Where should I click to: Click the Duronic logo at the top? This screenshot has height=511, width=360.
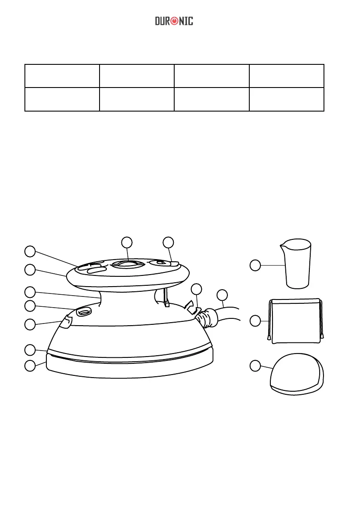coord(174,21)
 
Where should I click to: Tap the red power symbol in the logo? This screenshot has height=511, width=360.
coord(174,21)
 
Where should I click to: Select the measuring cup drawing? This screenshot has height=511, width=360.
coord(296,263)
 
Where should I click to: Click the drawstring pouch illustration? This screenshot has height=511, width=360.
coord(296,321)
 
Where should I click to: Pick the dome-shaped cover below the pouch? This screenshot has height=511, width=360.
coord(296,374)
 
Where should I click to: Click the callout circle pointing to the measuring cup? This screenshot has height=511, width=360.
coord(255,265)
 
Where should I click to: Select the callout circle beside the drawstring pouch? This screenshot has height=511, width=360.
coord(255,321)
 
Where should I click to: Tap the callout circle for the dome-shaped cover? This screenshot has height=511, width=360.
coord(255,366)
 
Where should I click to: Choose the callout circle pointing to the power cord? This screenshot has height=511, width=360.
coord(222,295)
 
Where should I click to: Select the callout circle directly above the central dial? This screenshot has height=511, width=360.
coord(127,242)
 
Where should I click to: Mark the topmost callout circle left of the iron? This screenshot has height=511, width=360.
coord(30,251)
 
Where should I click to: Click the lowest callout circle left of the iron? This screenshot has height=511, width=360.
coord(30,366)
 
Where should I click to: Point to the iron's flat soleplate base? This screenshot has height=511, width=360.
coord(130,367)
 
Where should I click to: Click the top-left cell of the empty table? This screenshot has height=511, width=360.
coord(62,76)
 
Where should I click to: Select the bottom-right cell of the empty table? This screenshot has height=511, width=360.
coord(287,100)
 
